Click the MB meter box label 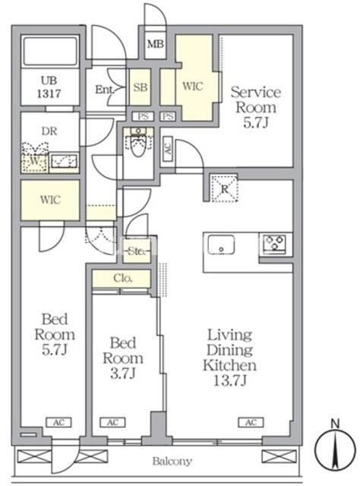pyautogui.click(x=156, y=44)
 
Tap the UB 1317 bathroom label pyautogui.click(x=49, y=87)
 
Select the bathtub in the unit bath pyautogui.click(x=50, y=52)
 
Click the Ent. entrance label pyautogui.click(x=105, y=90)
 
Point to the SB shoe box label pyautogui.click(x=141, y=87)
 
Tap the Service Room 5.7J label pyautogui.click(x=255, y=107)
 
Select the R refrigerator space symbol pyautogui.click(x=224, y=188)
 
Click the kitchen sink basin pyautogui.click(x=221, y=245)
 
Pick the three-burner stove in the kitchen pyautogui.click(x=274, y=244)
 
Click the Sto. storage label pyautogui.click(x=137, y=251)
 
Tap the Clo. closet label pyautogui.click(x=123, y=278)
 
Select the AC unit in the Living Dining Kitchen pyautogui.click(x=251, y=422)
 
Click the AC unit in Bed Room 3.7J pyautogui.click(x=112, y=422)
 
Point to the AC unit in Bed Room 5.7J pyautogui.click(x=58, y=422)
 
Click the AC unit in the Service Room pyautogui.click(x=168, y=149)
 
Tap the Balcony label pyautogui.click(x=172, y=462)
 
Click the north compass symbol pyautogui.click(x=335, y=448)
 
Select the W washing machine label pyautogui.click(x=35, y=161)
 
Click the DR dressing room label pyautogui.click(x=49, y=131)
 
